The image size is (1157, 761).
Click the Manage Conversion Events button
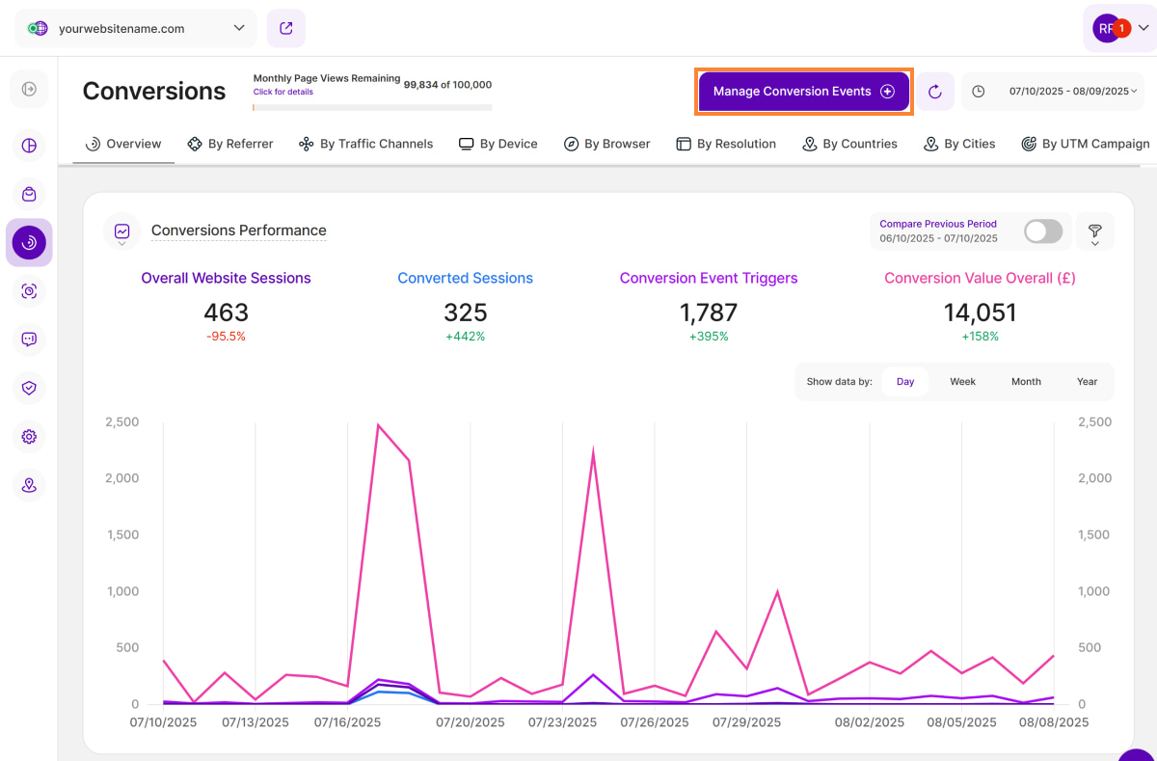point(803,92)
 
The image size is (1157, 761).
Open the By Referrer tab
point(230,144)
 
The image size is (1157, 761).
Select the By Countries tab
point(849,144)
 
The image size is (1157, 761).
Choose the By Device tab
point(498,144)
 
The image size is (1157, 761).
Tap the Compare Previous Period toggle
point(1042,231)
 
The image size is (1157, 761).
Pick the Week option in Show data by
point(962,382)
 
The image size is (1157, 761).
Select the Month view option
point(1026,382)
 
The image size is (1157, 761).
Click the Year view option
point(1087,382)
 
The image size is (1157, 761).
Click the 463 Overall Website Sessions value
point(226,313)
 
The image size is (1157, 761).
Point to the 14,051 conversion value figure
point(980,313)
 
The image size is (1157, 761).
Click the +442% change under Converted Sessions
point(465,337)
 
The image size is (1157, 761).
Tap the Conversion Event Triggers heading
point(709,278)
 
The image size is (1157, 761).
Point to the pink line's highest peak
point(378,424)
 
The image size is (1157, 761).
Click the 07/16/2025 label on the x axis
point(348,721)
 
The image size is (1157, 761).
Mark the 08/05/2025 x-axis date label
point(960,721)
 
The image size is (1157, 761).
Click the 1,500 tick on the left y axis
point(121,534)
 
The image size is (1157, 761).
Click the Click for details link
point(283,92)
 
